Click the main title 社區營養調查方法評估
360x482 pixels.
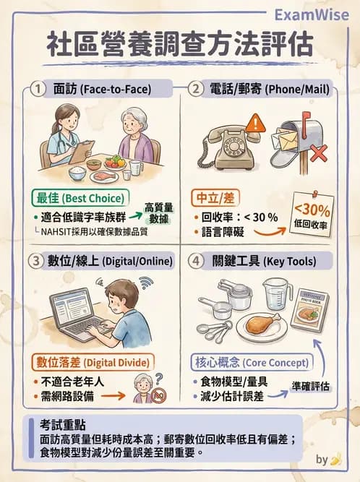click(x=180, y=44)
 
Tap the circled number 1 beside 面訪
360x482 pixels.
click(x=38, y=89)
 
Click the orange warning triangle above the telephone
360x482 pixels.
click(x=254, y=122)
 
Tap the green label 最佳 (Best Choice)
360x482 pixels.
click(x=78, y=197)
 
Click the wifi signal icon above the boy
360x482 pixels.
click(x=145, y=281)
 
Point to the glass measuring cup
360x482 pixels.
click(x=277, y=292)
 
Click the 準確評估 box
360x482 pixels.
click(x=312, y=386)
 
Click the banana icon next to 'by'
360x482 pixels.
click(x=335, y=460)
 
